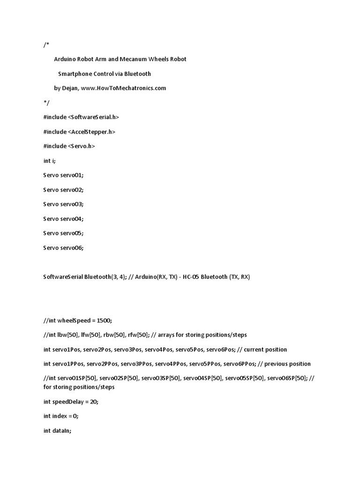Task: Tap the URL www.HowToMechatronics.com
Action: (123, 88)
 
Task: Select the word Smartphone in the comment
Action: (76, 74)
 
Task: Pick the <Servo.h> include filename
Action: (82, 146)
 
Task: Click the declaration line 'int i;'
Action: (49, 161)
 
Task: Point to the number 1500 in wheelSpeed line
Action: (104, 320)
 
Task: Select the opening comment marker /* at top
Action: (45, 45)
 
